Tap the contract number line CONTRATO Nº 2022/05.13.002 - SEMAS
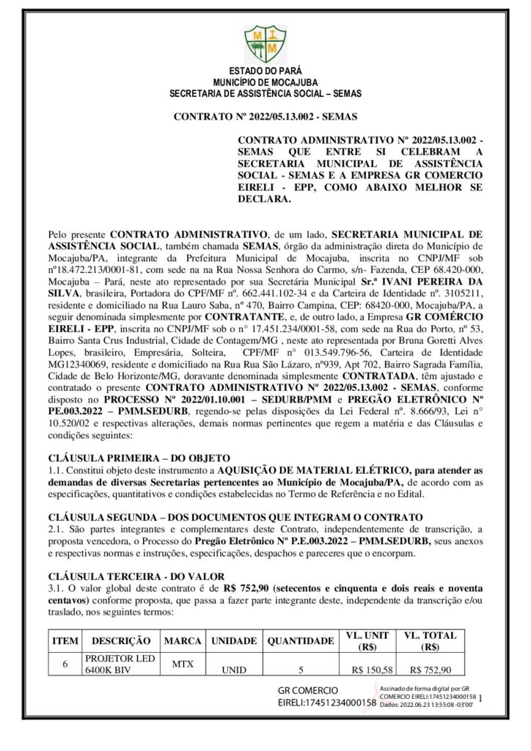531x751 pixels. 265,117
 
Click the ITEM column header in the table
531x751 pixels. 65,641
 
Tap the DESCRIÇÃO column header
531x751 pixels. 122,641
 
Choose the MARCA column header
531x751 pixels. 183,641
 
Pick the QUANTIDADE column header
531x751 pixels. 301,641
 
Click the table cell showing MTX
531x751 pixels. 183,663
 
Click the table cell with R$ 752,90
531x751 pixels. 431,670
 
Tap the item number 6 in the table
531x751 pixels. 65,664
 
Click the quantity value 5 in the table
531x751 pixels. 301,670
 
